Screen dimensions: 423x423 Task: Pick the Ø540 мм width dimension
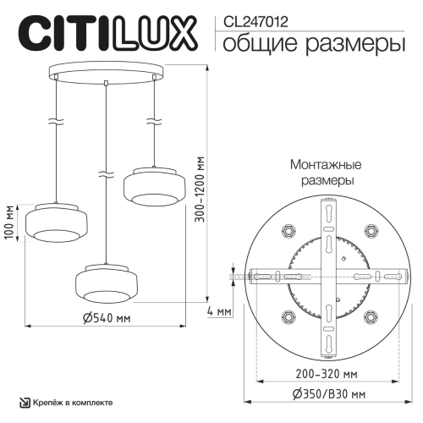tap(107, 317)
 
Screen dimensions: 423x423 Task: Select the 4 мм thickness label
tap(218, 311)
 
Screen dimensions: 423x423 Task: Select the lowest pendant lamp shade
tap(105, 282)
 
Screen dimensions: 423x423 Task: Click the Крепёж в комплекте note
tap(74, 403)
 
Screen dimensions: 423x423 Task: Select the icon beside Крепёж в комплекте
tap(24, 403)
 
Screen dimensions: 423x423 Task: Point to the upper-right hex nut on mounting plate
tap(371, 229)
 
